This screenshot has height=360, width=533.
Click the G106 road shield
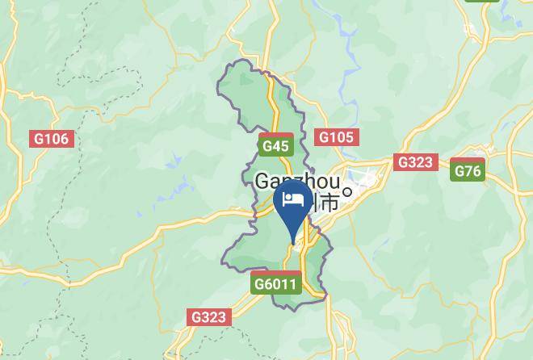coord(52,139)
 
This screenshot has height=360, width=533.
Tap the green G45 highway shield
coord(275,146)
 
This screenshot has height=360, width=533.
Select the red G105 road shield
coord(336,137)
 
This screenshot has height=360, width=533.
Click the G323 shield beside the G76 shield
coord(416,162)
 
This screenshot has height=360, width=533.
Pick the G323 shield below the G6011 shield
coord(209,317)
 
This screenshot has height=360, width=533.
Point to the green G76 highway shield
coord(468,171)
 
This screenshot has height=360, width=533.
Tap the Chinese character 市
coord(329,202)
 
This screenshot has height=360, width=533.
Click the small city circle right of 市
coord(347,192)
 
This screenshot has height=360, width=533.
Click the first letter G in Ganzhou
coord(262,181)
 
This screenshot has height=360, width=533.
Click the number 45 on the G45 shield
coord(280,146)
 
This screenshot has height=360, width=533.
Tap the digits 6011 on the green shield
coord(282,284)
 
